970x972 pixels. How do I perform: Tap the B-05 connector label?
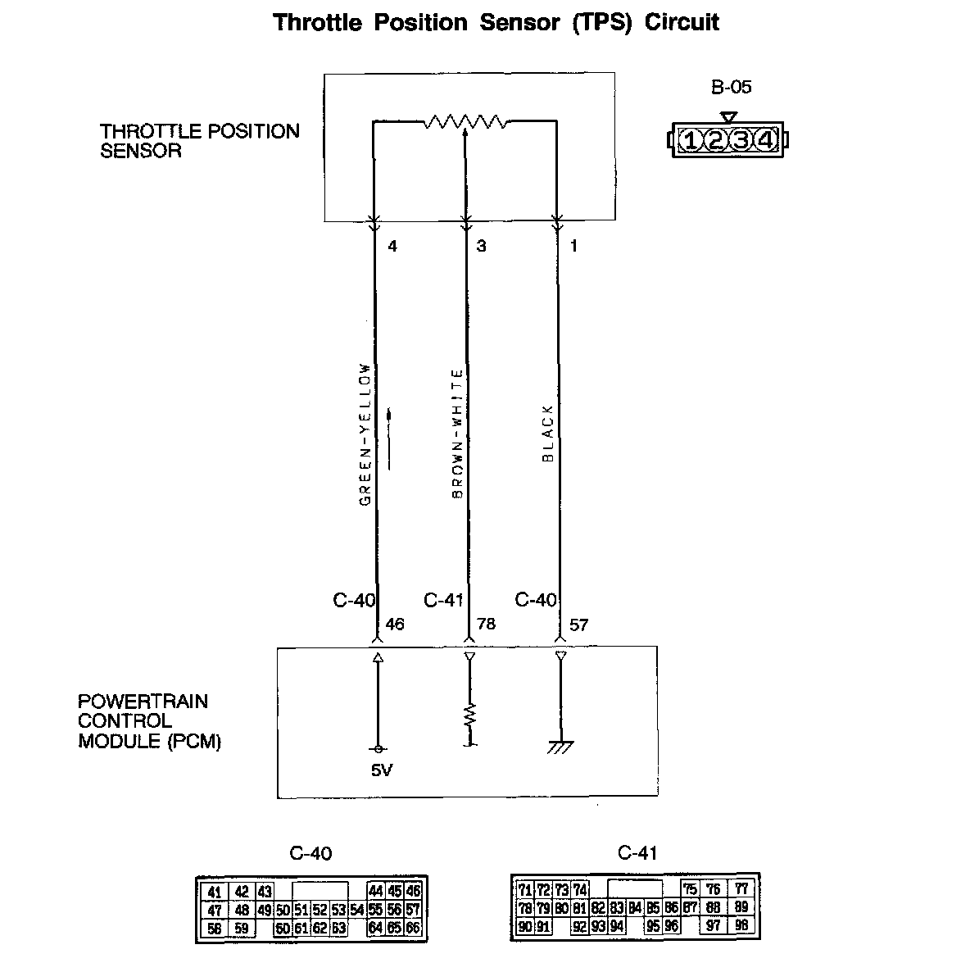(x=731, y=87)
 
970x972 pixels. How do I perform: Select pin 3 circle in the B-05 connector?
(x=741, y=141)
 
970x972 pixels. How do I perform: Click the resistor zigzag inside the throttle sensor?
(x=465, y=123)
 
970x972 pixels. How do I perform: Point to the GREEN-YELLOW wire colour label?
(x=365, y=434)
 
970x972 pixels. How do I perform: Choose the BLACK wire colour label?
(x=548, y=434)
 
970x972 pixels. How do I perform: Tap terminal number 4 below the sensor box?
(x=392, y=246)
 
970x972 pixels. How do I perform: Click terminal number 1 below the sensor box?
(x=573, y=246)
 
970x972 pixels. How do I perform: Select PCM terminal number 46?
(x=395, y=625)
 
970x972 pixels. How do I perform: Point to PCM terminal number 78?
(x=486, y=625)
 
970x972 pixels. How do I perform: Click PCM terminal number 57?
(x=578, y=625)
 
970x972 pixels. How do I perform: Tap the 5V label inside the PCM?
(x=382, y=770)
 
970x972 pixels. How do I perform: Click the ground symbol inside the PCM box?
(x=561, y=746)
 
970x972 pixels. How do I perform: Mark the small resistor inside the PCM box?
(x=470, y=715)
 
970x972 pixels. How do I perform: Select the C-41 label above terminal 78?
(x=443, y=601)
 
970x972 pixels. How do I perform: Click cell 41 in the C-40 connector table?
(x=215, y=893)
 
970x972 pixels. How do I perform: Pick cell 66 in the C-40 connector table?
(x=414, y=929)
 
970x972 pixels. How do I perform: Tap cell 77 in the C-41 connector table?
(x=741, y=888)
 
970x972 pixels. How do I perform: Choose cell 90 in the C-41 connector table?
(x=526, y=927)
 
